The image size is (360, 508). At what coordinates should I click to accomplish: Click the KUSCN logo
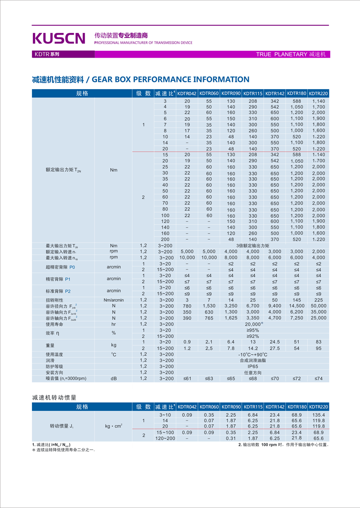pyautogui.click(x=58, y=38)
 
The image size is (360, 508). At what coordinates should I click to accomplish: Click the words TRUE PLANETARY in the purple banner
pyautogui.click(x=281, y=54)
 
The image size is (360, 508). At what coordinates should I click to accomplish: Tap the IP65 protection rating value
pyautogui.click(x=252, y=366)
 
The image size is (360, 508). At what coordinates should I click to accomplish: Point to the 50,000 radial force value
pyautogui.click(x=319, y=306)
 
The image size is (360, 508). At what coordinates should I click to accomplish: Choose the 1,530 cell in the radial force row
pyautogui.click(x=209, y=306)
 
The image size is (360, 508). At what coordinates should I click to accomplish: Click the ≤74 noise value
pyautogui.click(x=319, y=379)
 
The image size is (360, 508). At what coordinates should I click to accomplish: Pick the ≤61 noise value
pyautogui.click(x=187, y=379)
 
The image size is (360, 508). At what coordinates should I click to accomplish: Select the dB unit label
pyautogui.click(x=114, y=379)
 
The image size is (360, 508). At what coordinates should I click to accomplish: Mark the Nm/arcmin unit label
pyautogui.click(x=114, y=300)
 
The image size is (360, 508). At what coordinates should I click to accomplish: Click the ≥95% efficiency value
pyautogui.click(x=252, y=330)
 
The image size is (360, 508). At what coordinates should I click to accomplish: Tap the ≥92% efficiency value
pyautogui.click(x=252, y=336)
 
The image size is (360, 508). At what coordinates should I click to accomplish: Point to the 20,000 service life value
pyautogui.click(x=253, y=324)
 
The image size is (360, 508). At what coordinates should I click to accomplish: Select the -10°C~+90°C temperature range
pyautogui.click(x=252, y=355)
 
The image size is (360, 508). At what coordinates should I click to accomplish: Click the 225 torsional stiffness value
pyautogui.click(x=319, y=300)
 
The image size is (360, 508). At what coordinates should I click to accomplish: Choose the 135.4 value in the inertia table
pyautogui.click(x=319, y=414)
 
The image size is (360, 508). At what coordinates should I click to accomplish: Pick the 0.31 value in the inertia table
pyautogui.click(x=231, y=438)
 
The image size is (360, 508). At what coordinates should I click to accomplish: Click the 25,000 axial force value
pyautogui.click(x=319, y=318)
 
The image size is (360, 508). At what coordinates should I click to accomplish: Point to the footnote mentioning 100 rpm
pyautogui.click(x=283, y=445)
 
